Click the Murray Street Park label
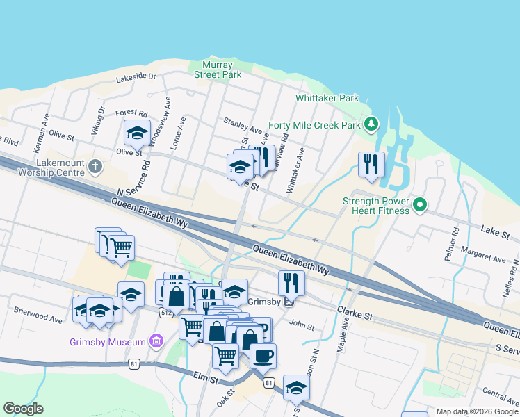pos(218,69)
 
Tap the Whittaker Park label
pos(327,98)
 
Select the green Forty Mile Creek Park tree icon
pos(372,124)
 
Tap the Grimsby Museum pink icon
pos(156,341)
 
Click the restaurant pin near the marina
pos(371,165)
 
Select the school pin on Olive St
pos(137,131)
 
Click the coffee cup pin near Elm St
pos(263,355)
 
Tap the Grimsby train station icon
pos(288,302)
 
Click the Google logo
pos(23,409)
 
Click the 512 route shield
pos(165,313)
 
